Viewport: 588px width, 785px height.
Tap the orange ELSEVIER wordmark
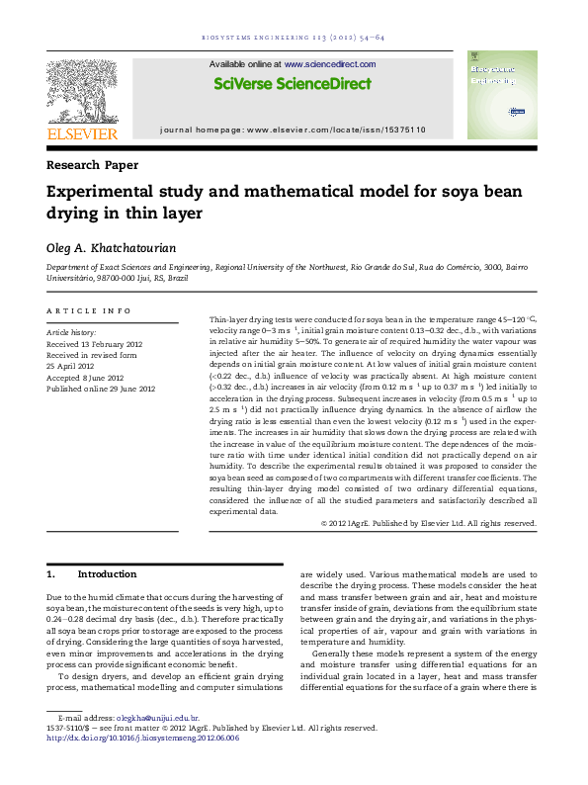coord(82,133)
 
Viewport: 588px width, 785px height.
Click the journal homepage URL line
coord(293,131)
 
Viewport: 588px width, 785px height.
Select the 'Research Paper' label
coord(93,165)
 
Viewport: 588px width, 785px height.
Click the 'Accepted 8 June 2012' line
coord(85,378)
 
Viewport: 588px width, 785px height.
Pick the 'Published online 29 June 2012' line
coord(101,389)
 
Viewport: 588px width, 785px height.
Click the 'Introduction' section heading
coord(107,573)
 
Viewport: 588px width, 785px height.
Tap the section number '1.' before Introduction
coord(52,573)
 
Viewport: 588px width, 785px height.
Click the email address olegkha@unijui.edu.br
coord(158,718)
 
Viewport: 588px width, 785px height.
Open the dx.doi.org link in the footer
coord(143,738)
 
